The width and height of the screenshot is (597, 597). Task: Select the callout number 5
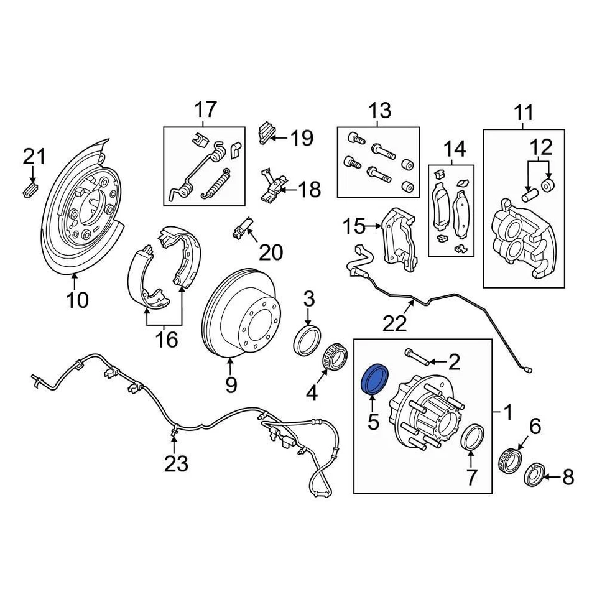[373, 422]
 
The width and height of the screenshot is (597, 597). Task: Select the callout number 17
[205, 109]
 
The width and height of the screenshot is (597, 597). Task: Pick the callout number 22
[394, 323]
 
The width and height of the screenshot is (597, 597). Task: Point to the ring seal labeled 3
[308, 341]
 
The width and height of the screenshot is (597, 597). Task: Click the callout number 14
[454, 149]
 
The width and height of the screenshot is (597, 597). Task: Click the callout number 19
[302, 138]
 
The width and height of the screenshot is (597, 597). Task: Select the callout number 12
[541, 148]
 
